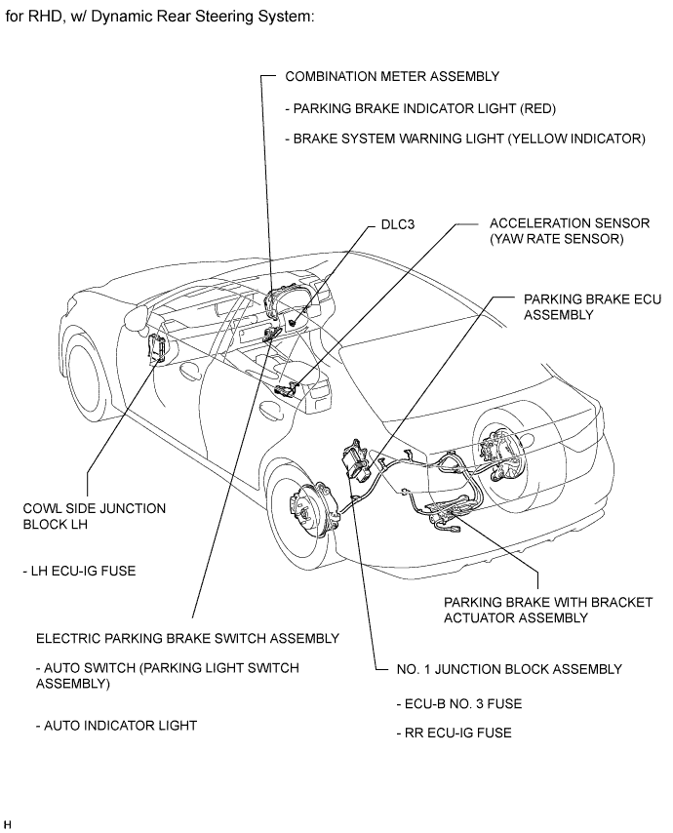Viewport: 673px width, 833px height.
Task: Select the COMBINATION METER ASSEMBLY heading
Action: (x=392, y=76)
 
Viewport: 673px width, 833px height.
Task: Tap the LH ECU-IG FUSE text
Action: (x=79, y=571)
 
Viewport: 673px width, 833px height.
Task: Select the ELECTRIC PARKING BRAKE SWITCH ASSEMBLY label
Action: (x=187, y=638)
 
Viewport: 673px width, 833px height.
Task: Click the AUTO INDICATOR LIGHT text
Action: (x=116, y=725)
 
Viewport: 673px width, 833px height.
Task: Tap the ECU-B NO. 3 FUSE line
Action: (x=453, y=702)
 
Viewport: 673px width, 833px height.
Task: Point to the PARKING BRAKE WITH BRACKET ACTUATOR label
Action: (x=547, y=610)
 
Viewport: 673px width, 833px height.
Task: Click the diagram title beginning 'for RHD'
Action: (x=160, y=19)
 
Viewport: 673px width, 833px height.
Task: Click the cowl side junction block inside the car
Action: (x=156, y=348)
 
